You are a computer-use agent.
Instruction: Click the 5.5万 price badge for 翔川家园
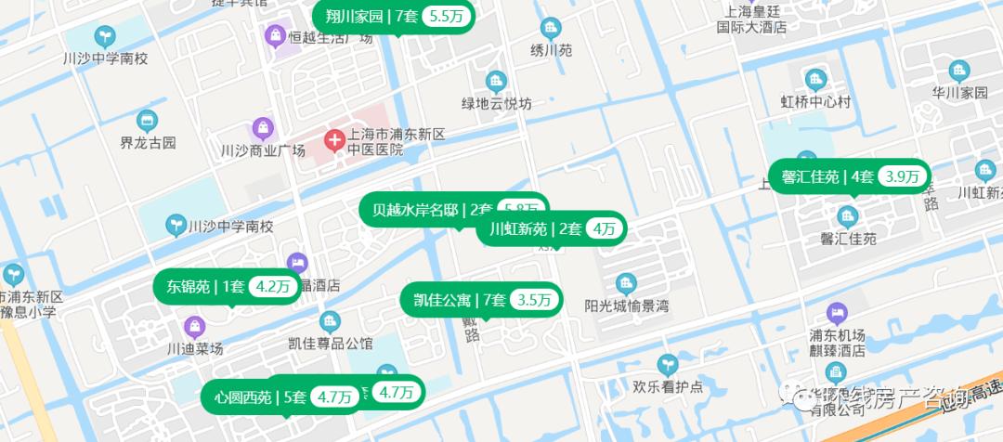tap(448, 16)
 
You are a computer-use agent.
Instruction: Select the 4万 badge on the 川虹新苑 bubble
tap(604, 228)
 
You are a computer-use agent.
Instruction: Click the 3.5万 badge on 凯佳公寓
tap(534, 300)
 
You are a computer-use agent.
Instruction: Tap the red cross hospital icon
tap(334, 142)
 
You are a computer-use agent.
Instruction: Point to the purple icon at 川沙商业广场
tap(263, 128)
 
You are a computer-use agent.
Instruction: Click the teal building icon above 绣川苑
tap(551, 28)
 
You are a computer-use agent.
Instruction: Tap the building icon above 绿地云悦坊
tap(497, 82)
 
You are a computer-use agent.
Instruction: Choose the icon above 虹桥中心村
tap(815, 79)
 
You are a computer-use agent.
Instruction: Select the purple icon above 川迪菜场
tap(194, 326)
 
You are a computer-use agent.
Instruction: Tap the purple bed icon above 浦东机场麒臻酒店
tap(837, 312)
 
